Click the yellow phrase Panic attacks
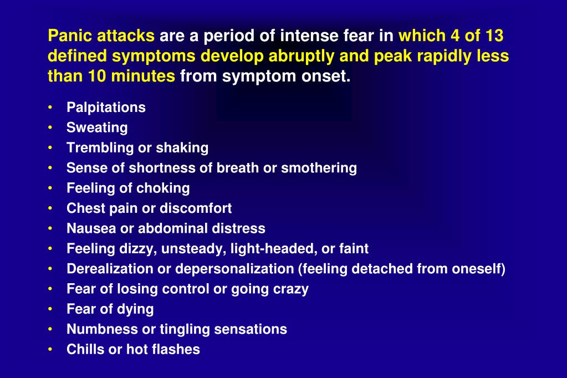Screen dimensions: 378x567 (101, 36)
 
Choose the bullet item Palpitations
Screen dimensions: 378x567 (106, 108)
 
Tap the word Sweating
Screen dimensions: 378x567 (97, 127)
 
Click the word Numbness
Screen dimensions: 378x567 (103, 329)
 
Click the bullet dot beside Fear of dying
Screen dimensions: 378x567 (51, 309)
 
